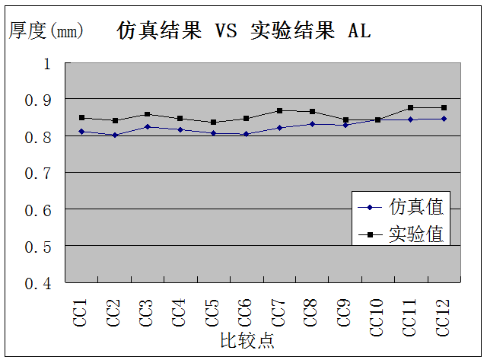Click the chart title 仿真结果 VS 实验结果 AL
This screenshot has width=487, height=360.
coord(243,30)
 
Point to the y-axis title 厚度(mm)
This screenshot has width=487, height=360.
coord(45,30)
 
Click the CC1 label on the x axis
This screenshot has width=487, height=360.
coord(81,313)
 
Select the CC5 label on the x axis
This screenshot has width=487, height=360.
coord(213,313)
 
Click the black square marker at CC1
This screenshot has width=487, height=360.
coord(81,118)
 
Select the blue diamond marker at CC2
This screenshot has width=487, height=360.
coord(114,135)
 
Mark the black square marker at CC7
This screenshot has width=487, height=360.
coord(279,110)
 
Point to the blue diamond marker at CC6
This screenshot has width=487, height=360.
coord(246,134)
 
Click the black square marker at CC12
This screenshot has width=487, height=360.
coord(444,107)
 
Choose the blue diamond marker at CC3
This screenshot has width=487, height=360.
coord(148,126)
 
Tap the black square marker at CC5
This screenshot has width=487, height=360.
coord(213,122)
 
